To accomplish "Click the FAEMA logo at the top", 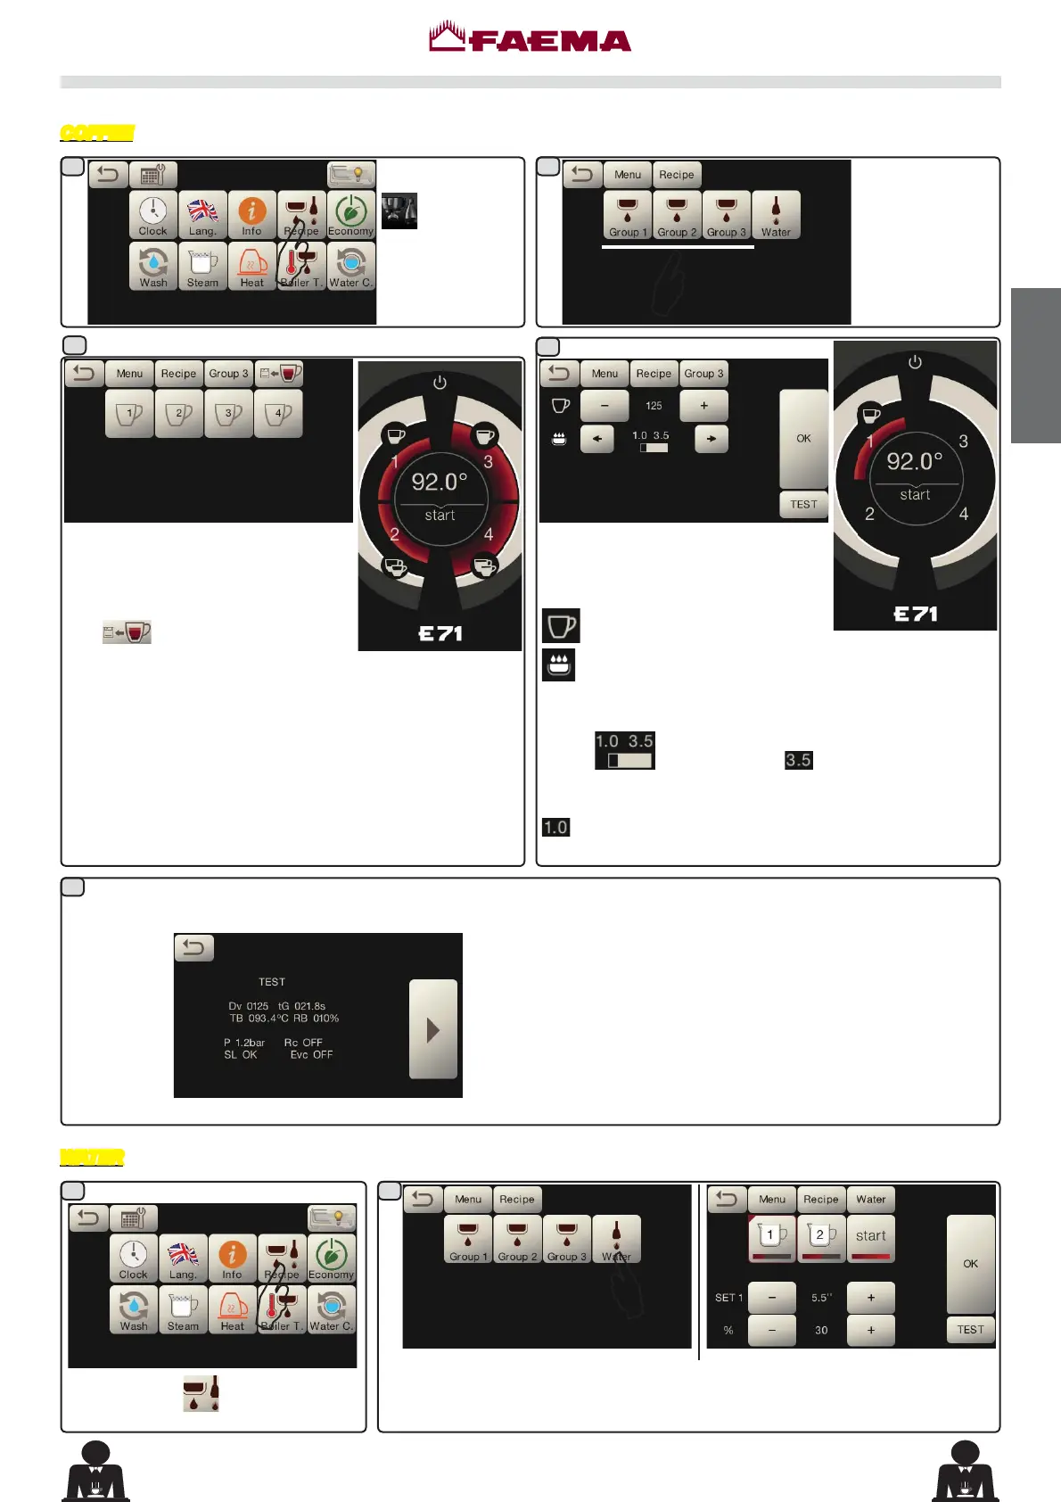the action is [x=530, y=38].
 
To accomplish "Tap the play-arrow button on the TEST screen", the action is [x=433, y=1029].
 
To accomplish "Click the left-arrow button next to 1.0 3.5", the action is [x=596, y=439].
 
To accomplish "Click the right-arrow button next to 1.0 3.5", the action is [x=711, y=439].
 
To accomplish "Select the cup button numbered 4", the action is [x=278, y=414].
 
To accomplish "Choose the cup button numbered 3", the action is [x=229, y=414].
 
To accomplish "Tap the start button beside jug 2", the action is [x=870, y=1237].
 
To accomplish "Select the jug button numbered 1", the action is [x=771, y=1237].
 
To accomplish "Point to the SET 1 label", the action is [x=728, y=1298].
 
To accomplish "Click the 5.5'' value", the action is [x=821, y=1298].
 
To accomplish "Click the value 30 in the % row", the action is [x=821, y=1330].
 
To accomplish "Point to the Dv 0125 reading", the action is [x=248, y=1006].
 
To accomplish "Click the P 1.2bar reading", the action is [x=244, y=1042].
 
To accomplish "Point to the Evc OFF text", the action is [x=311, y=1054].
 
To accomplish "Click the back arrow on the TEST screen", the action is [x=194, y=947].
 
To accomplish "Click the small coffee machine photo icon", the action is [x=399, y=211].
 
